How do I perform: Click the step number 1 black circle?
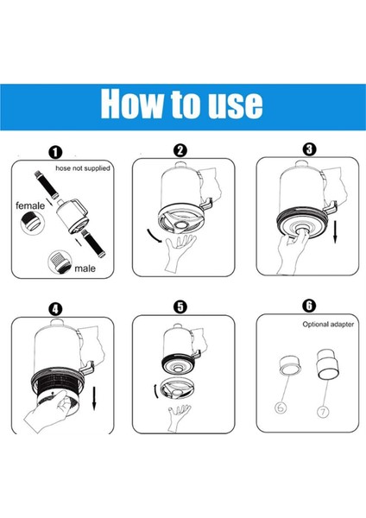click(x=55, y=153)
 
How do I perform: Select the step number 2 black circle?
click(x=180, y=150)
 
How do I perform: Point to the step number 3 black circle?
click(x=309, y=149)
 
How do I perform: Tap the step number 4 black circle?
click(x=55, y=310)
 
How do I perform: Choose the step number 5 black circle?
click(x=180, y=306)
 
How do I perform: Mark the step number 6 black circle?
click(x=309, y=306)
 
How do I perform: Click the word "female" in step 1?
click(x=30, y=205)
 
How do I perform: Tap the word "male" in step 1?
click(x=85, y=268)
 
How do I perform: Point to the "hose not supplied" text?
click(x=83, y=168)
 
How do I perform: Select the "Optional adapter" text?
click(x=328, y=325)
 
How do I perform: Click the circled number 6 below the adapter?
click(x=281, y=408)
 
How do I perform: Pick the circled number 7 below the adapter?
click(x=323, y=411)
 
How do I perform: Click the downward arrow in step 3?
click(x=335, y=231)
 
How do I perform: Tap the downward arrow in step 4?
click(x=94, y=398)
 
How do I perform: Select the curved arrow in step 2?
click(x=153, y=236)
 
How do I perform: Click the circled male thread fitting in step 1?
click(x=60, y=262)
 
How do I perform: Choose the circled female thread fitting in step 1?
click(x=33, y=223)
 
